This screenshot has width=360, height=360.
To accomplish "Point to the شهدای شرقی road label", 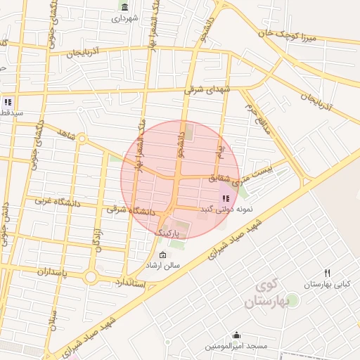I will [x=207, y=90].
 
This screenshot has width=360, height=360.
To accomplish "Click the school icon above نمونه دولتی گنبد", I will [x=225, y=199].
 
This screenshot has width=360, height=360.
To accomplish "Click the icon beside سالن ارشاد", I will [x=163, y=255].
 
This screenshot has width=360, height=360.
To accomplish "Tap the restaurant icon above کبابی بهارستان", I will [x=327, y=273].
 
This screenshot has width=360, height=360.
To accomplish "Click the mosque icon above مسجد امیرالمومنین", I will [x=236, y=335].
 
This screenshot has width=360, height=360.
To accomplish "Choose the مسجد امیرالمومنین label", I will [x=236, y=347].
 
